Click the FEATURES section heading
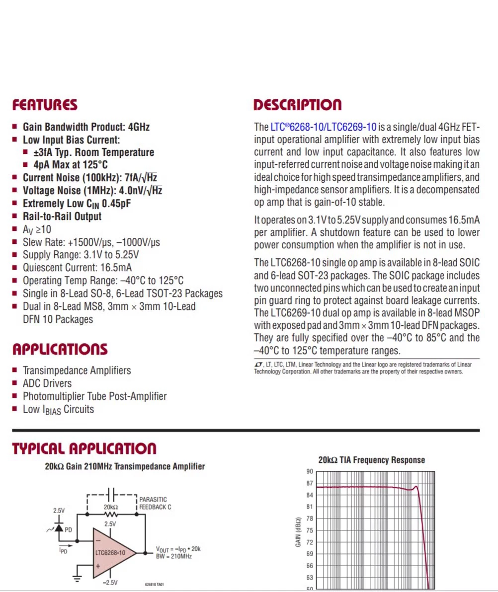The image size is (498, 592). pyautogui.click(x=45, y=105)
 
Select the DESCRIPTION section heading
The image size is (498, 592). pyautogui.click(x=297, y=105)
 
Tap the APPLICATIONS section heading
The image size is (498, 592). pyautogui.click(x=60, y=349)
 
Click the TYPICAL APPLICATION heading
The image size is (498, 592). pyautogui.click(x=84, y=449)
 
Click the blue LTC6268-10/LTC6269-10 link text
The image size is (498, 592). pyautogui.click(x=324, y=127)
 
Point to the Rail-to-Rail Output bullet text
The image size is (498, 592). pyautogui.click(x=62, y=217)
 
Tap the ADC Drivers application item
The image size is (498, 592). pyautogui.click(x=47, y=383)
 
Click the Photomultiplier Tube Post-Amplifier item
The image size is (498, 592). pyautogui.click(x=94, y=396)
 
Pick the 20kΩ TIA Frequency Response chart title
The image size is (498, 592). pyautogui.click(x=371, y=460)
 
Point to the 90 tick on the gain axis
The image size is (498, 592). pyautogui.click(x=310, y=472)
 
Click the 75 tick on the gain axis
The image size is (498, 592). pyautogui.click(x=310, y=530)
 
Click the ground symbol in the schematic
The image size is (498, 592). pyautogui.click(x=78, y=578)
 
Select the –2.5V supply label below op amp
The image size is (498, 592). pyautogui.click(x=110, y=583)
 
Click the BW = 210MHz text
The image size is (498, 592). pyautogui.click(x=174, y=556)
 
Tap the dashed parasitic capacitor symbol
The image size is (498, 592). pyautogui.click(x=111, y=494)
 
